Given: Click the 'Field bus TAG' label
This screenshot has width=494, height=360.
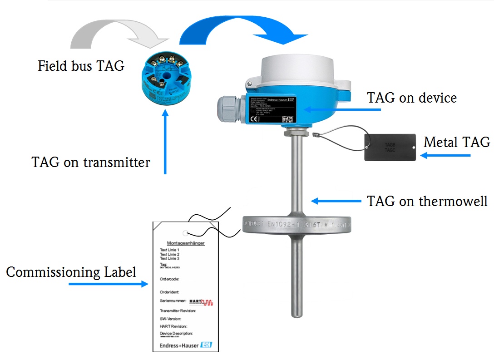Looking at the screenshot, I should pos(81,66).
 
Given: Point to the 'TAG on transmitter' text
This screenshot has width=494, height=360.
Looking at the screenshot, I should pos(91,162).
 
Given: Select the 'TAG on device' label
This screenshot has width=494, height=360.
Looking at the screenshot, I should pos(411,98).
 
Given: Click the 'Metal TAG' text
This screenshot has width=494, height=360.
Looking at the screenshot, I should pos(456,143).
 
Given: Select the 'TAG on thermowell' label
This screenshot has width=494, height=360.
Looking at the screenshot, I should pos(427,201).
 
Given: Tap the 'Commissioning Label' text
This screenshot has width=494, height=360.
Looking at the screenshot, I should pos(71,272).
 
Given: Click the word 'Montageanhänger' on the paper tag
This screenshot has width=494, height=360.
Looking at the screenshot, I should pos(186,243).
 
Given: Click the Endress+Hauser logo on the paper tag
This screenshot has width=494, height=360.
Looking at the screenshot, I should pos(186,345).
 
